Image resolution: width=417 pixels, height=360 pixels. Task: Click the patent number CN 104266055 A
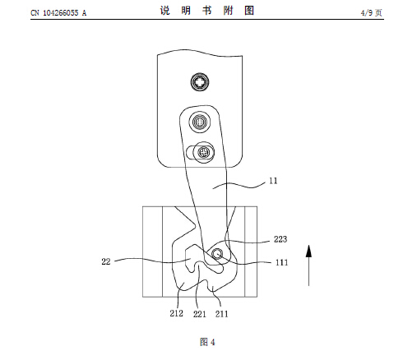point(58,12)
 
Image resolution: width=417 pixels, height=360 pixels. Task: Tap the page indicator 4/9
point(367,12)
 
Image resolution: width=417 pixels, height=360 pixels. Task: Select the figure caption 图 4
point(207,342)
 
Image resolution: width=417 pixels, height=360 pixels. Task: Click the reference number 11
point(273,181)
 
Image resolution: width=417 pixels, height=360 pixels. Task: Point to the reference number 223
point(280,239)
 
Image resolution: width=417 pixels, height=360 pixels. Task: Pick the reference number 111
point(281,262)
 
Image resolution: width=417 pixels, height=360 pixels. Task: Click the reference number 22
point(106,261)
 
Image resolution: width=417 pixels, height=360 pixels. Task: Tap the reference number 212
point(176,313)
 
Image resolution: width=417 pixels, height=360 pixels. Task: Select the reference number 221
point(200,314)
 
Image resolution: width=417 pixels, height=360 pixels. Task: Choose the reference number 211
point(221,314)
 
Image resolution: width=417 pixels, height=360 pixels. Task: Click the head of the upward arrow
point(308,251)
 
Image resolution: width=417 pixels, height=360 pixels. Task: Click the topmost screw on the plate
point(200,81)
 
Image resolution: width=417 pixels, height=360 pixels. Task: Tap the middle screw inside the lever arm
point(200,122)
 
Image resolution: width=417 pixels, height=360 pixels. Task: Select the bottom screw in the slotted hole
point(204,152)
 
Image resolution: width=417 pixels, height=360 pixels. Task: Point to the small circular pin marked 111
point(217,254)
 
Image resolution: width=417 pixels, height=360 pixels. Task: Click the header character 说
point(165,11)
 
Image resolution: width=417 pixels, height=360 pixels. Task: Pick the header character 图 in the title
point(249,11)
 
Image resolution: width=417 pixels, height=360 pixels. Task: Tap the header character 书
point(207,11)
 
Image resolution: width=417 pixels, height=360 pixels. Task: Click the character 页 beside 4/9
point(378,12)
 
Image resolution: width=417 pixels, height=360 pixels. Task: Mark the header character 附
point(228,11)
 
